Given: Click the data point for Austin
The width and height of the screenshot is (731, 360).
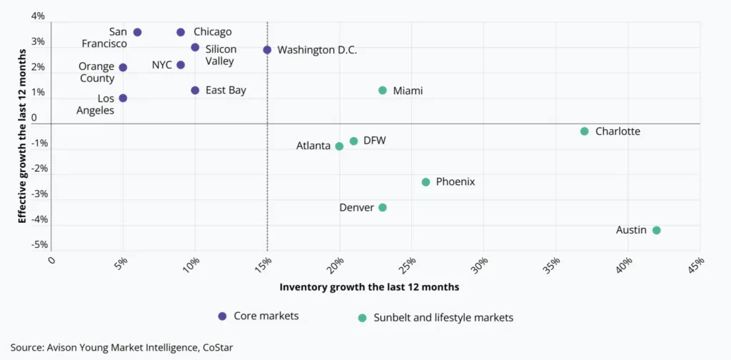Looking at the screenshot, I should pyautogui.click(x=657, y=230).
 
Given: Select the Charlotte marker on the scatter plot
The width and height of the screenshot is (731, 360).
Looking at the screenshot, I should pyautogui.click(x=585, y=131).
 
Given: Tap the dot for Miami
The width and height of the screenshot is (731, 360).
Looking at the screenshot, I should pyautogui.click(x=383, y=91).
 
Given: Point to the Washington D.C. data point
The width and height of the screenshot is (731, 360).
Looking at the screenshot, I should pyautogui.click(x=267, y=50).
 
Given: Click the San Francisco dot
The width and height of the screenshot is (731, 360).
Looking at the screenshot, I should pyautogui.click(x=137, y=32).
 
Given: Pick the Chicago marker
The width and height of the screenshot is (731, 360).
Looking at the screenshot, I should pyautogui.click(x=181, y=32).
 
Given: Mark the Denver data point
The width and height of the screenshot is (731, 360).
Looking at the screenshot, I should pyautogui.click(x=383, y=207).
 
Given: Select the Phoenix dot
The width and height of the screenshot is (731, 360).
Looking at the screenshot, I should pyautogui.click(x=426, y=182).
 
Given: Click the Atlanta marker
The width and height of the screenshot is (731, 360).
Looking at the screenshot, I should pyautogui.click(x=339, y=146).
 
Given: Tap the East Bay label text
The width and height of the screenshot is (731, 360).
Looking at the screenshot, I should pyautogui.click(x=226, y=91).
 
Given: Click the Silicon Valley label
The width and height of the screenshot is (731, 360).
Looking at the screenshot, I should pyautogui.click(x=221, y=55).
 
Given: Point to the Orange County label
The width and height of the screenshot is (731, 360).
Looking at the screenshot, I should pyautogui.click(x=96, y=73).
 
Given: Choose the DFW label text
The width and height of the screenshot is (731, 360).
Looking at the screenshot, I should pyautogui.click(x=374, y=141).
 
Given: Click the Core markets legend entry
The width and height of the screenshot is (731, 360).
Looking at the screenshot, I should pyautogui.click(x=268, y=316).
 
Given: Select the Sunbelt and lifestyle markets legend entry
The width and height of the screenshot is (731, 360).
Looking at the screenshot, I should pyautogui.click(x=443, y=317).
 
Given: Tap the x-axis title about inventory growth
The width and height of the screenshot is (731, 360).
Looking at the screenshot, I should pyautogui.click(x=368, y=286).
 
